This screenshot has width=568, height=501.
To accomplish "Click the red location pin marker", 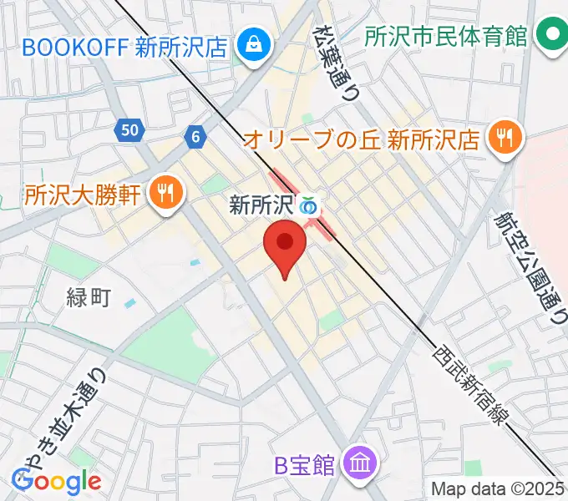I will pos(284,245).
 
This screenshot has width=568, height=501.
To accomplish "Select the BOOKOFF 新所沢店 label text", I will pos(125,46).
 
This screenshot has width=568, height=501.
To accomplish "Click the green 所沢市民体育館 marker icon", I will pos(551,36).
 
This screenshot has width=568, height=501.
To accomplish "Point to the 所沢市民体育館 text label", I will pos(447,37).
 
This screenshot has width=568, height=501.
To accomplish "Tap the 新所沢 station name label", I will pos(263,205).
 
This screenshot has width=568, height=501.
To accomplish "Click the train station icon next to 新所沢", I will pos(310,205).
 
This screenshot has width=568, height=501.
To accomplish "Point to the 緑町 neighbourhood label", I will pos(89,296).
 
